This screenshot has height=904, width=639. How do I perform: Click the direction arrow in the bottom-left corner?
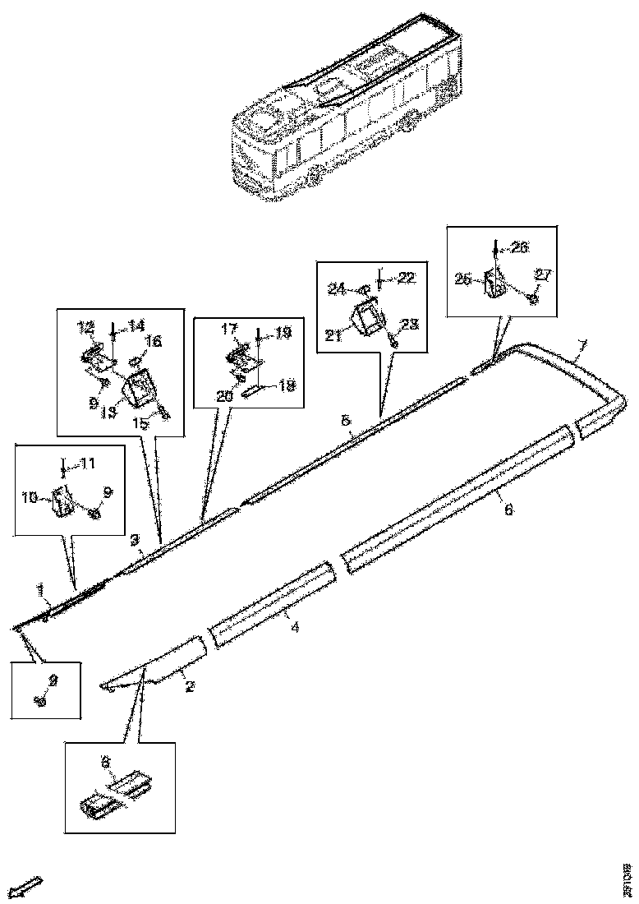tap(28, 887)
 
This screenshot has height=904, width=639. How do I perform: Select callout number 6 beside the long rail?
tap(508, 510)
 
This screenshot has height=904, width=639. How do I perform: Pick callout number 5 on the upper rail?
tap(346, 421)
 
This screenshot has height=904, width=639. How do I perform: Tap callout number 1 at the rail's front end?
tap(39, 590)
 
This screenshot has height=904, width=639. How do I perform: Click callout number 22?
tap(407, 278)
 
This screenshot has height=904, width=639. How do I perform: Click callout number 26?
tap(521, 245)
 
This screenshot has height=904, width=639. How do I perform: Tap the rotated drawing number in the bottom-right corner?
tap(626, 871)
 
